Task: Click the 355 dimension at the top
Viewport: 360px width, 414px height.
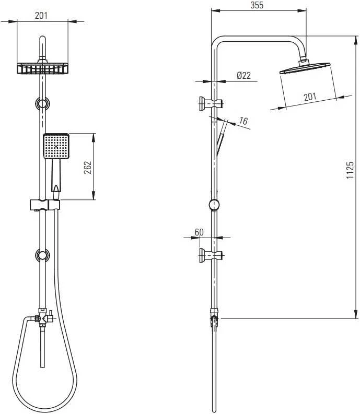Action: (x=257, y=5)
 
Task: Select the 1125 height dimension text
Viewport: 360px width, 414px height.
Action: (x=350, y=170)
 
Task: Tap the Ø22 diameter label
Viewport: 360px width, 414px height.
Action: (x=243, y=76)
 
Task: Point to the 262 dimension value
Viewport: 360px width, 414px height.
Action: (x=87, y=168)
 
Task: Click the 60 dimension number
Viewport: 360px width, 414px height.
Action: (x=199, y=232)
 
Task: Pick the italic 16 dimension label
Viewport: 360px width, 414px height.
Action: (x=243, y=121)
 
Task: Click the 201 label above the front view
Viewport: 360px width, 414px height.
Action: (x=41, y=16)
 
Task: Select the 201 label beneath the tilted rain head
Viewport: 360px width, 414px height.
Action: (x=310, y=97)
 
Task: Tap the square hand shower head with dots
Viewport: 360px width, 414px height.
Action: (x=56, y=146)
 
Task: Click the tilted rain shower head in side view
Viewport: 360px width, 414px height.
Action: (x=305, y=68)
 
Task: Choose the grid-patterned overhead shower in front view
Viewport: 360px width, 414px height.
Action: (x=42, y=68)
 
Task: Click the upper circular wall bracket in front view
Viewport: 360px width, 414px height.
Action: (x=42, y=103)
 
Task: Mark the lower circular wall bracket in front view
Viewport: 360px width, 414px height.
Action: (x=42, y=255)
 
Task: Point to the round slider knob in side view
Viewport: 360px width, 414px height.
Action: (x=214, y=205)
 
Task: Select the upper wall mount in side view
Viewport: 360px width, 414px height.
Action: (x=211, y=103)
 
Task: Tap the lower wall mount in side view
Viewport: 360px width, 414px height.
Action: (x=211, y=255)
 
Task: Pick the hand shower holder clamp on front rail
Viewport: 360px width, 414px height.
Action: (x=44, y=205)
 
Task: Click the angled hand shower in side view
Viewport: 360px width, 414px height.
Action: (x=222, y=137)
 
